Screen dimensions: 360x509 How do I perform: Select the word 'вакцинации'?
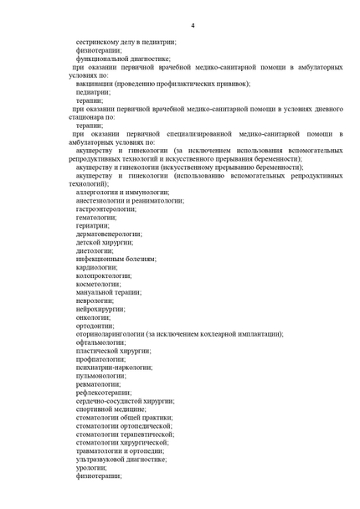coord(96,84)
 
